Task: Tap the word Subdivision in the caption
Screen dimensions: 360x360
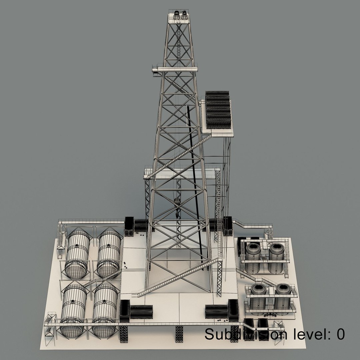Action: (x=245, y=334)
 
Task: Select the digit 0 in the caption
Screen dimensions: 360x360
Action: (x=340, y=334)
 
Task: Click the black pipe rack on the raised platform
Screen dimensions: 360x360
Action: (x=218, y=110)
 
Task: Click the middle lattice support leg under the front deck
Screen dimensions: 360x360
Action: (x=179, y=333)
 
